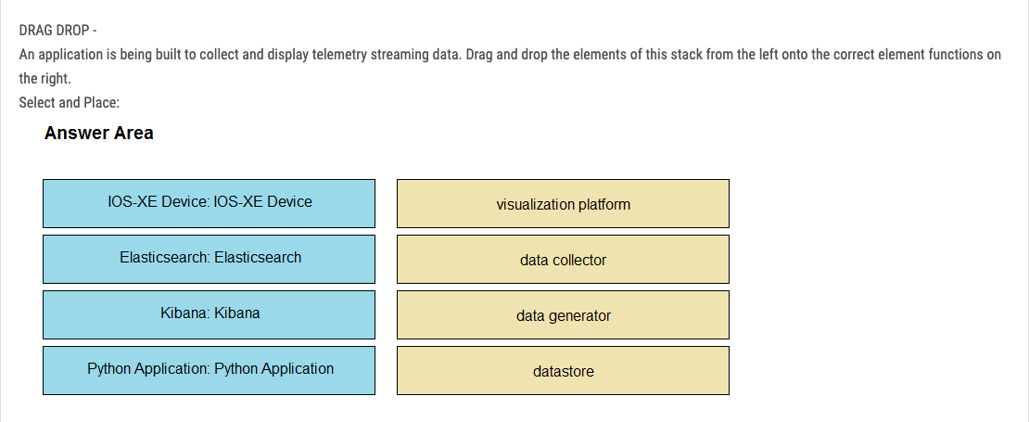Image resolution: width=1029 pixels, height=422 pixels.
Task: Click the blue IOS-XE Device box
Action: click(209, 203)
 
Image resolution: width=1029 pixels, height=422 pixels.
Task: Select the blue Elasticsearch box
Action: click(209, 260)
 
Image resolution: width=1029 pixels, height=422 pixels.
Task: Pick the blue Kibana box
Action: click(209, 315)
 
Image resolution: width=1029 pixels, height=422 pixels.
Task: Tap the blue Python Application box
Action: click(209, 371)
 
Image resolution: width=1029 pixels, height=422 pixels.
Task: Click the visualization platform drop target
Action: click(563, 203)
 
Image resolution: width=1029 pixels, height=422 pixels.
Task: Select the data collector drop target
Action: click(563, 260)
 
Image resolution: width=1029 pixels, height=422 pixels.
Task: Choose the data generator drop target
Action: click(563, 315)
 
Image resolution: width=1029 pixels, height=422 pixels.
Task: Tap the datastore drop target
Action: click(563, 371)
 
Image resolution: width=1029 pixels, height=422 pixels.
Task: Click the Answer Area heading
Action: click(99, 134)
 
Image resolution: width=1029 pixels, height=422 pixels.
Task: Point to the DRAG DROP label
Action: click(57, 31)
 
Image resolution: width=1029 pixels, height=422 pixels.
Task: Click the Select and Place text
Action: click(69, 102)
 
